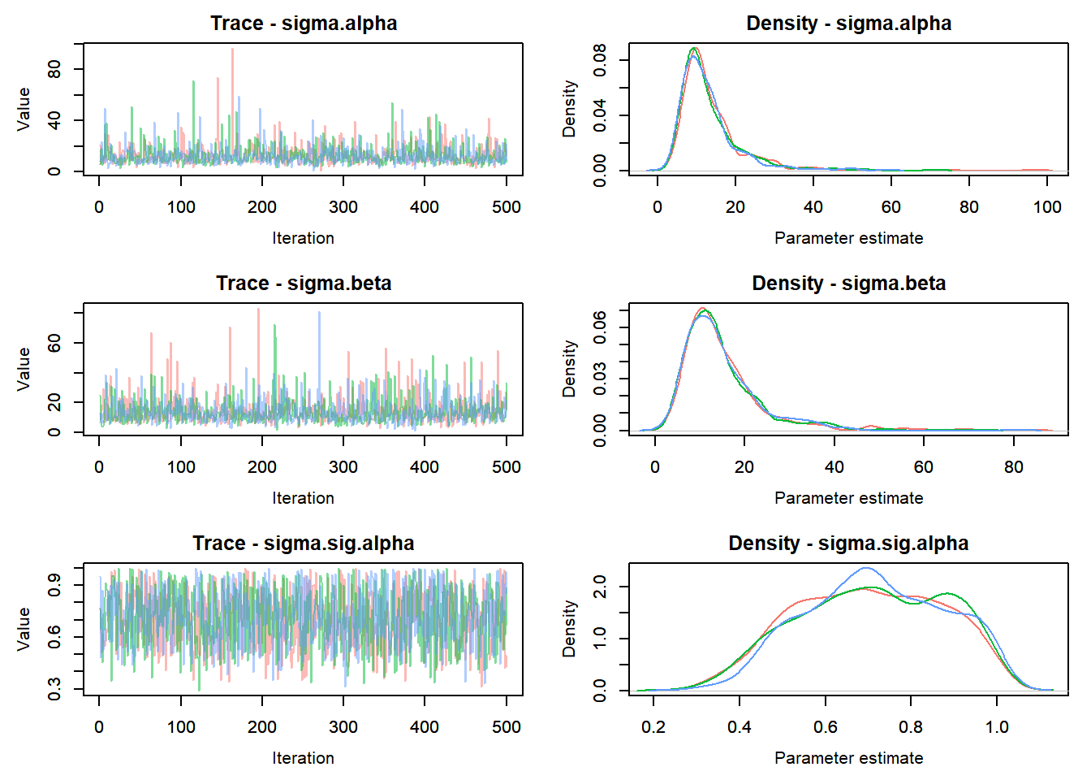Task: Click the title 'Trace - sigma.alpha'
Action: click(304, 24)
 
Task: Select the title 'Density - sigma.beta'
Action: click(848, 284)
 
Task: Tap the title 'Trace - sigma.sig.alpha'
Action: click(303, 544)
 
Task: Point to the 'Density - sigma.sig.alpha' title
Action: click(848, 544)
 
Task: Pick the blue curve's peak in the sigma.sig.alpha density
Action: click(866, 568)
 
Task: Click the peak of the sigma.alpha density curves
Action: click(694, 50)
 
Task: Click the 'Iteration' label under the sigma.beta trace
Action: click(303, 498)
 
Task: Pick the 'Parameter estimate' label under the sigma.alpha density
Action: click(848, 238)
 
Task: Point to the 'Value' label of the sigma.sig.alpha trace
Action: click(24, 628)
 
